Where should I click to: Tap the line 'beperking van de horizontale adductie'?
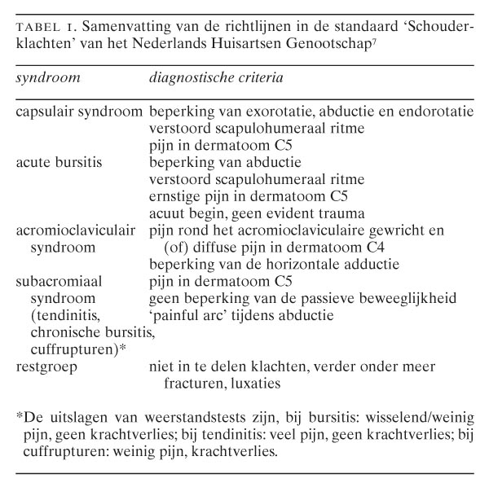263,265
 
